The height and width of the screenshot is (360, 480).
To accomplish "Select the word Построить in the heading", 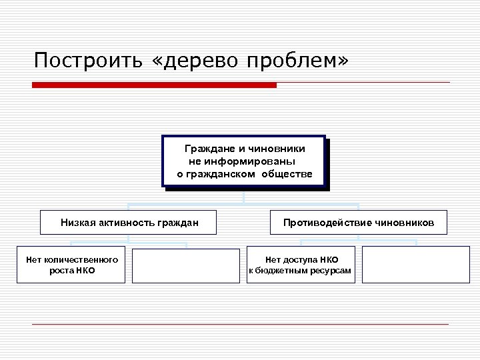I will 87,61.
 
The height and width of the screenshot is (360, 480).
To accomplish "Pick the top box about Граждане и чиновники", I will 244,161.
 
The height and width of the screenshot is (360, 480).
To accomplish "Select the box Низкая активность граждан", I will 129,223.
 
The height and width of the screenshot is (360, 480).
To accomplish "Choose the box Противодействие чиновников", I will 359,223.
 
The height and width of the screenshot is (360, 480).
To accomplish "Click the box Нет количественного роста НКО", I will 71,265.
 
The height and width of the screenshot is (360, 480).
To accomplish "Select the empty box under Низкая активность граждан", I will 185,265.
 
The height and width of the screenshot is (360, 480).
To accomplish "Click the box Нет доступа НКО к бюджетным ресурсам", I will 301,265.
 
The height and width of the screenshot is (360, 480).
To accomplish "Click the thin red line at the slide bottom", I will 240,325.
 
